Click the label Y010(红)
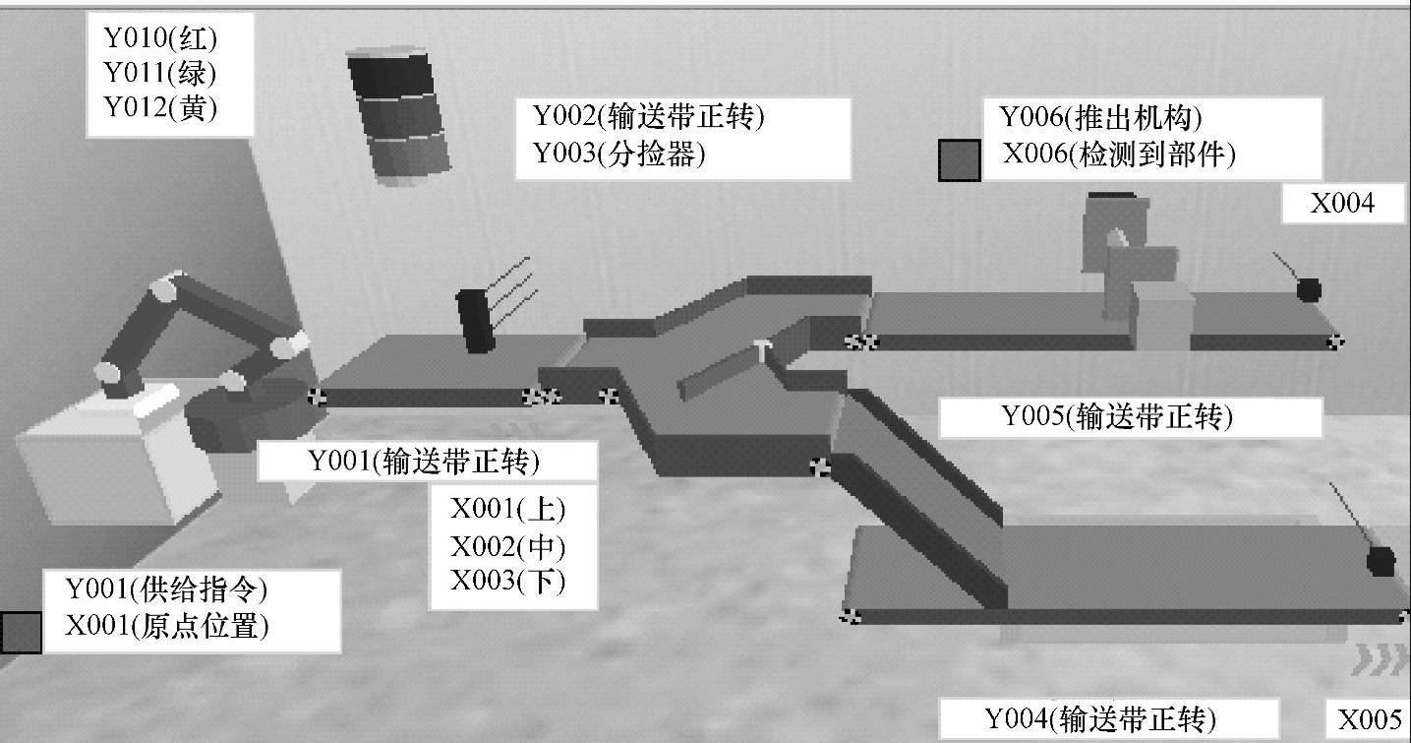click(x=160, y=38)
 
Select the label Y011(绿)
click(x=160, y=73)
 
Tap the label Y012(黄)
click(x=160, y=107)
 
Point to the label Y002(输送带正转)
click(x=649, y=117)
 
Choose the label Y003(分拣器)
click(x=619, y=154)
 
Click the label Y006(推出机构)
click(x=1100, y=118)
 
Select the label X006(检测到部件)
click(x=1119, y=154)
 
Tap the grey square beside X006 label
click(x=959, y=160)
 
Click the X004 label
click(x=1342, y=204)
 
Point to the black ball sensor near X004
click(x=1308, y=289)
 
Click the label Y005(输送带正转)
click(x=1116, y=416)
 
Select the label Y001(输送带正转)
click(x=425, y=461)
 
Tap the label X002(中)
click(x=508, y=545)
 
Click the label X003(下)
click(x=508, y=581)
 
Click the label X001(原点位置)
click(x=166, y=626)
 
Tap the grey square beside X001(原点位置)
click(x=21, y=632)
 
